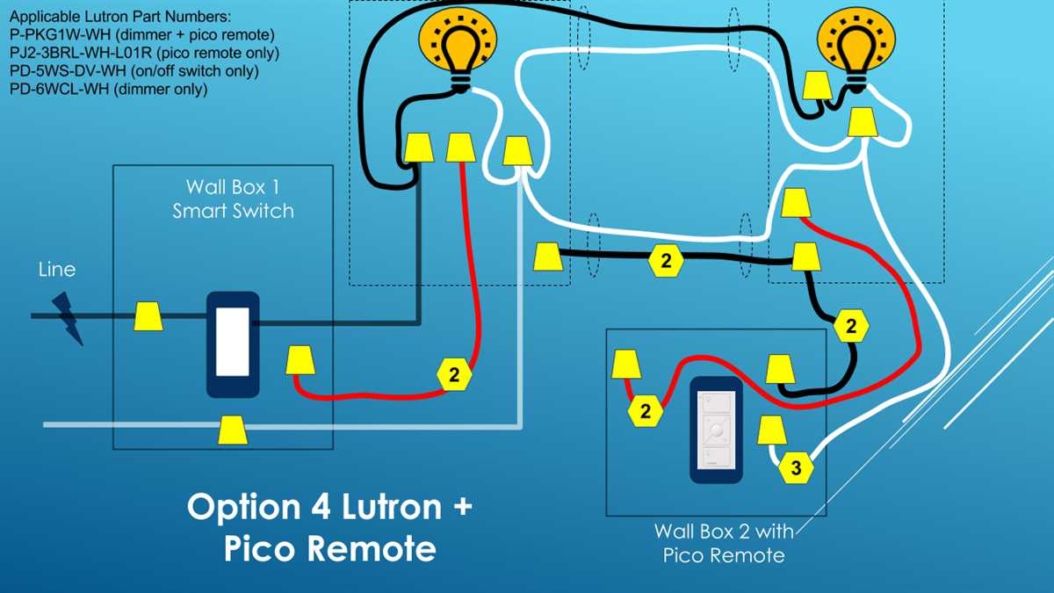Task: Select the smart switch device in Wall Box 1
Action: point(233,344)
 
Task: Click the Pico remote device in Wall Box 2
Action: point(717,431)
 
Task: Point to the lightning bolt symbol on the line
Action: point(66,317)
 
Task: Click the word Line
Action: point(57,270)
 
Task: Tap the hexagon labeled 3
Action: point(796,468)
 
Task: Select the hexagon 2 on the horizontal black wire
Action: point(666,261)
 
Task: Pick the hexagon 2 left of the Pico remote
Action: point(646,410)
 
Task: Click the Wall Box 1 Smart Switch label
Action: point(233,199)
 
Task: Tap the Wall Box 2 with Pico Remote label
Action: point(718,543)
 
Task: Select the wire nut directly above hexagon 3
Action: point(771,430)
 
